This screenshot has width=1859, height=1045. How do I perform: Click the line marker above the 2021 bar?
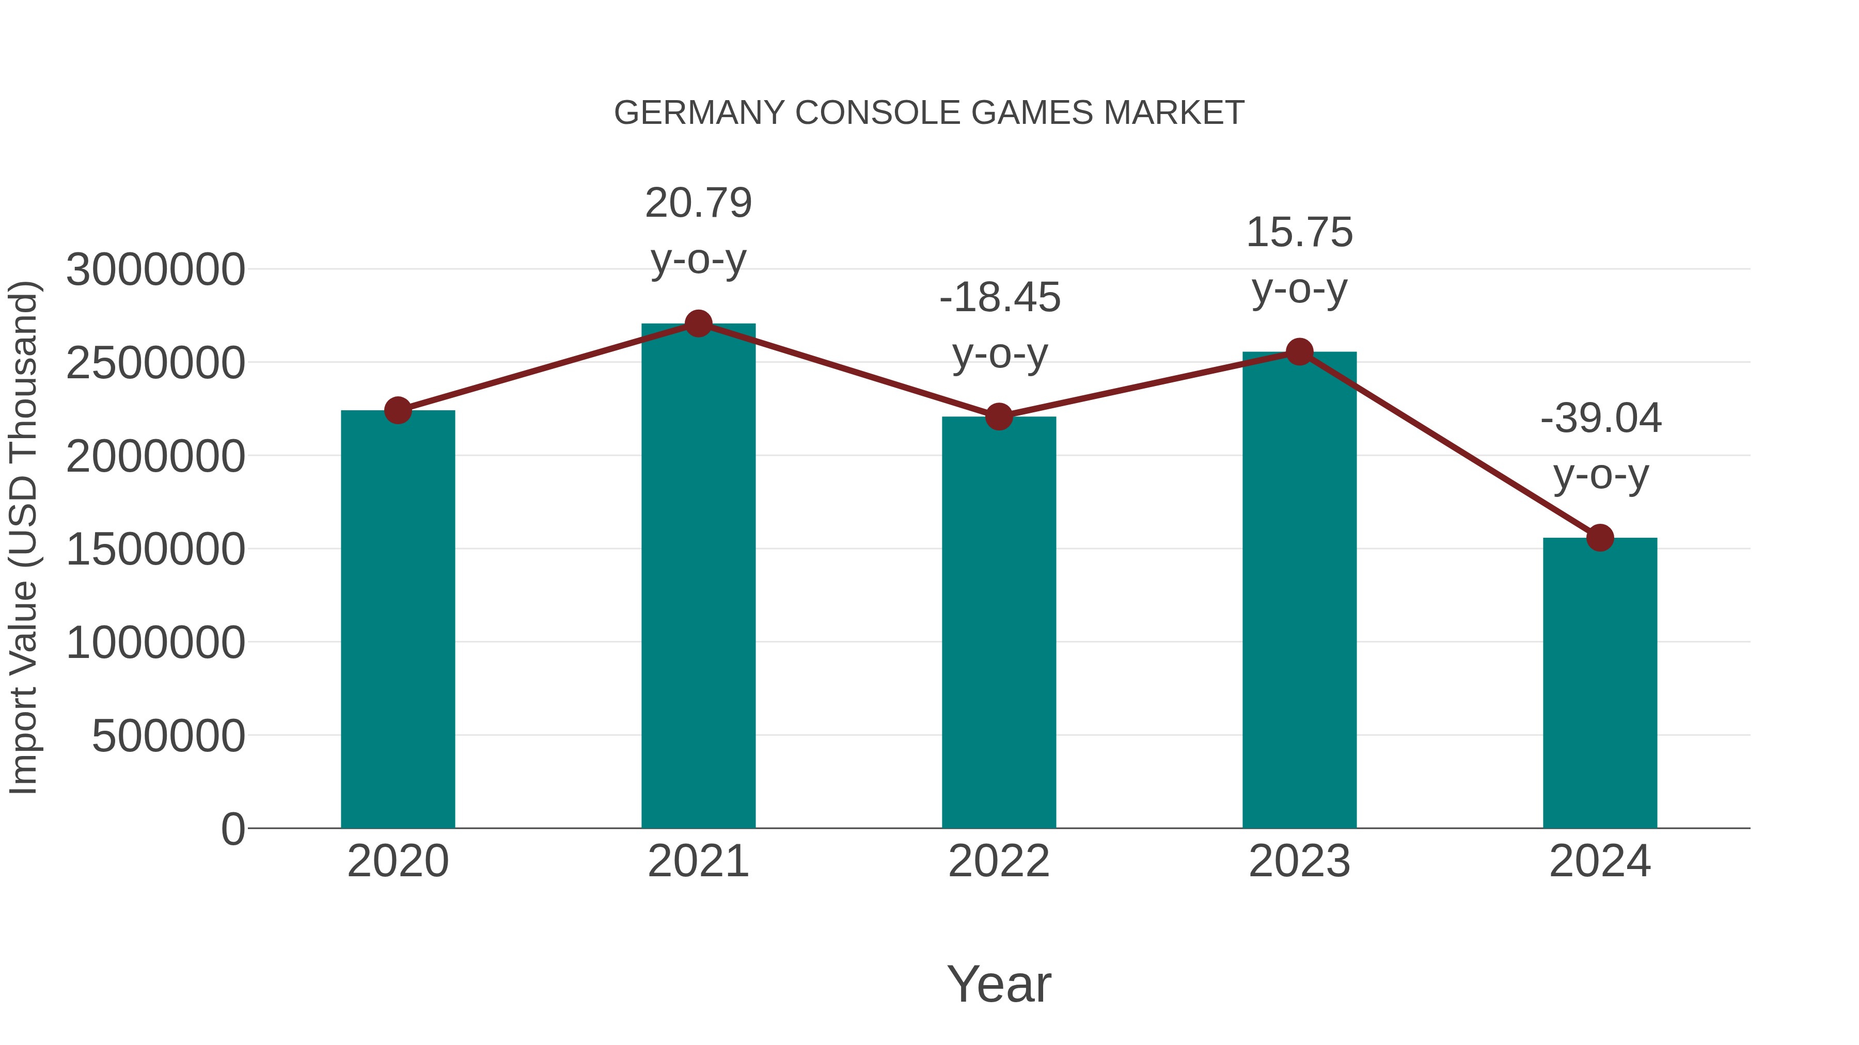click(698, 324)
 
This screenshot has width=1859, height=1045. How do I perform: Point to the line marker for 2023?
click(1299, 352)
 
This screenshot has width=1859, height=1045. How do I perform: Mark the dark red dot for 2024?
click(1600, 537)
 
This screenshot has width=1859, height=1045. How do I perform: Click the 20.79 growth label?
click(698, 203)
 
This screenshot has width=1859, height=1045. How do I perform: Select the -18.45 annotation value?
click(1000, 297)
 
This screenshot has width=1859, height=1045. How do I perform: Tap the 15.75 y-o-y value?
click(1299, 232)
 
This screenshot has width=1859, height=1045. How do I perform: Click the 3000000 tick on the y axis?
click(155, 270)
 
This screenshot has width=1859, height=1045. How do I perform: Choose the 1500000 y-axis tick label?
click(155, 549)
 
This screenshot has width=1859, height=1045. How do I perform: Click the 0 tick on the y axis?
click(232, 829)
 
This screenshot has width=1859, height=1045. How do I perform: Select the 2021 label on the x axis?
click(698, 861)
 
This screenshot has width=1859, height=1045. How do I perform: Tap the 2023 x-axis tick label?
click(1299, 861)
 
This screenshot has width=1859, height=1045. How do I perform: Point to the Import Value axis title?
click(23, 537)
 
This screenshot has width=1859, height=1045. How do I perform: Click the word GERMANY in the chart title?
click(699, 112)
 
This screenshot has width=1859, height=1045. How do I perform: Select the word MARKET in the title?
click(1173, 112)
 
